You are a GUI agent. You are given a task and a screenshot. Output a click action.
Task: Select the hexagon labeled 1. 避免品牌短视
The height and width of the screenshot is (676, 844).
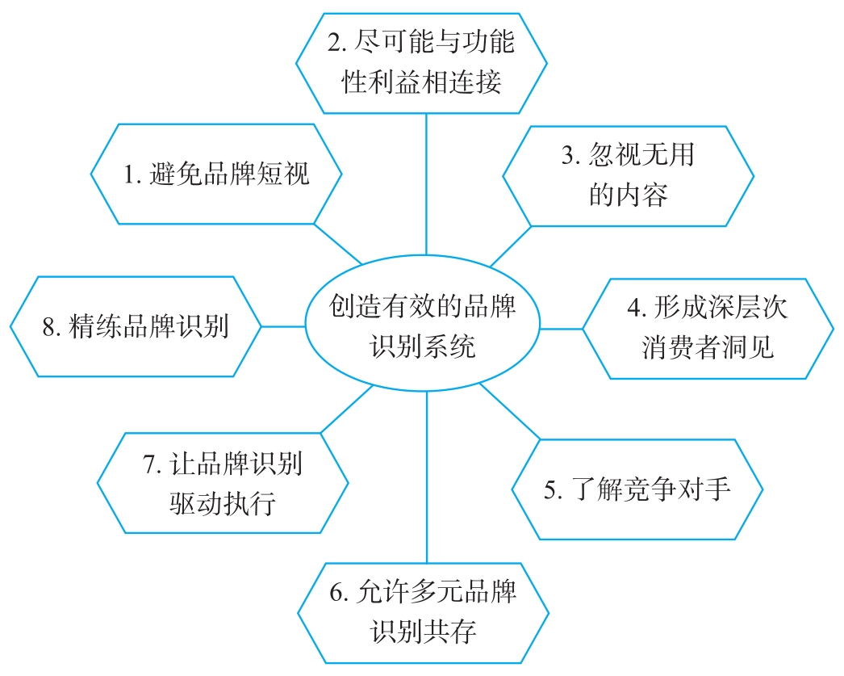pos(216,174)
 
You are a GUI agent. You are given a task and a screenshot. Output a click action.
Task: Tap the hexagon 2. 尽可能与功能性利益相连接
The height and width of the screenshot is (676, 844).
pos(422,62)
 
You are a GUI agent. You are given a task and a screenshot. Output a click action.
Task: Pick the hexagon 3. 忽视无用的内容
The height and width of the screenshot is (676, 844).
pos(629,175)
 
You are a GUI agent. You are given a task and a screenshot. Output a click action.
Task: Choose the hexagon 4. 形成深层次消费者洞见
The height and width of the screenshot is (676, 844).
pos(708,328)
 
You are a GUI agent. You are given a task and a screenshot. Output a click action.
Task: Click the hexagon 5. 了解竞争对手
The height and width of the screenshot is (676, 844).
pos(637,489)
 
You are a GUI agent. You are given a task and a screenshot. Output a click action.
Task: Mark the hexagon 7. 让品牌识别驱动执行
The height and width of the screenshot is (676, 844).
pos(223,483)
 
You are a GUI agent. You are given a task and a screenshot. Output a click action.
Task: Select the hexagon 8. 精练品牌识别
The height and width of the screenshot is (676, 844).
pos(136,326)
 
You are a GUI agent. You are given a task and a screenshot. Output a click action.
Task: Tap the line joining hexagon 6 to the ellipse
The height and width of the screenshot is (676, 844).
pos(426,477)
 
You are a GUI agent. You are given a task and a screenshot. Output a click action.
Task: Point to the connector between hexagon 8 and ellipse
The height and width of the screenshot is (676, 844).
pos(283,326)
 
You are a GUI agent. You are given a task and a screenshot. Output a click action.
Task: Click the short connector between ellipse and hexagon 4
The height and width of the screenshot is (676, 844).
pos(561,329)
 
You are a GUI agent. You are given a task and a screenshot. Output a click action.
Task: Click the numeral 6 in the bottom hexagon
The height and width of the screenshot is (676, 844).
pos(336,594)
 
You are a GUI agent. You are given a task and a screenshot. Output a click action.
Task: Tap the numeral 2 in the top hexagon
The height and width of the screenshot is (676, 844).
pos(334,43)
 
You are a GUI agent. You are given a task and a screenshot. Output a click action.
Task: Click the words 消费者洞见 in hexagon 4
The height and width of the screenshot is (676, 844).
pos(708,347)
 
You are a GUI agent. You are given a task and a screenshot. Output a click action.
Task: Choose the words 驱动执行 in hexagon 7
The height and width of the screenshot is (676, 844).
pos(223,503)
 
